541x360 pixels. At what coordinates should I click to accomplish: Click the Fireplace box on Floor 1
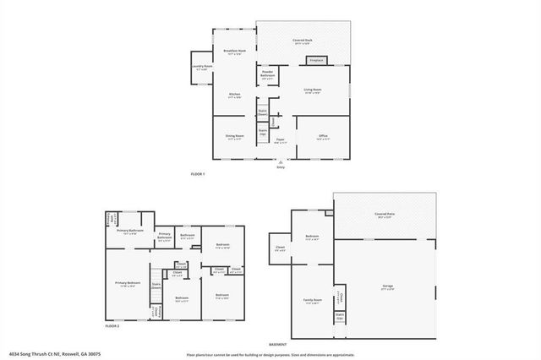click(317, 60)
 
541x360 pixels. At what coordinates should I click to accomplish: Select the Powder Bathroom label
click(267, 75)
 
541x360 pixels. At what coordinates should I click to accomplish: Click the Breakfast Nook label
click(234, 52)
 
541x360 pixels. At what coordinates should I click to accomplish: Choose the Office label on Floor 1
click(324, 135)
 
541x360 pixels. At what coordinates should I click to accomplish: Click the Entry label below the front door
click(281, 167)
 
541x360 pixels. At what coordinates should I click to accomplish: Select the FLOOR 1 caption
click(198, 175)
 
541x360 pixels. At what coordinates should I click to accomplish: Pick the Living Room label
click(312, 90)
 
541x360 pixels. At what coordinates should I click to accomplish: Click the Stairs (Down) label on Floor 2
click(157, 286)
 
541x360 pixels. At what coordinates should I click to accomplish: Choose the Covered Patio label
click(387, 215)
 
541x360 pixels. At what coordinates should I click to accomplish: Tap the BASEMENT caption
click(278, 345)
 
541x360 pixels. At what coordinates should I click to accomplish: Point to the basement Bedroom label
click(312, 236)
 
